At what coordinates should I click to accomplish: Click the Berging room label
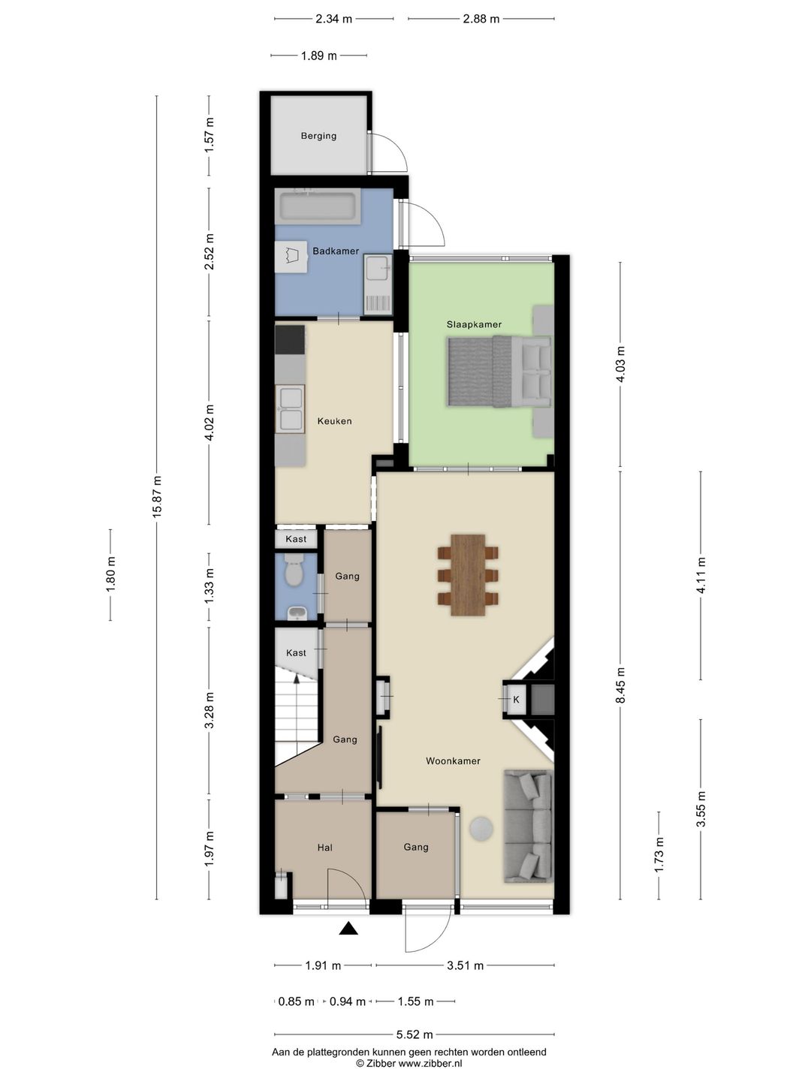coord(318,136)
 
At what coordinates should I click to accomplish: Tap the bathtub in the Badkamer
coord(318,206)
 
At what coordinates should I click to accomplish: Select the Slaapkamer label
coord(474,324)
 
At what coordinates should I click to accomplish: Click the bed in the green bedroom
coord(499,372)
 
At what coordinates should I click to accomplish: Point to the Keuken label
coord(334,421)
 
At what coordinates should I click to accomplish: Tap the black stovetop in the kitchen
coord(290,340)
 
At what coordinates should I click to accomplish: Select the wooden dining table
coord(468,575)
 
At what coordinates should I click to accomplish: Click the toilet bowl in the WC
coord(295,571)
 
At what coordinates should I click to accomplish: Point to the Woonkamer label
coord(453,761)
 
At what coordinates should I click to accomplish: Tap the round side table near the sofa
coord(481,829)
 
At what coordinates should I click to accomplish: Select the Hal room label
coord(324,848)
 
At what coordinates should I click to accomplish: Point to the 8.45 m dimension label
coord(620,685)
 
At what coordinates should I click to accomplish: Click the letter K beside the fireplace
coord(516,700)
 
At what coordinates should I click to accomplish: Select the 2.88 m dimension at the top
coord(481,19)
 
